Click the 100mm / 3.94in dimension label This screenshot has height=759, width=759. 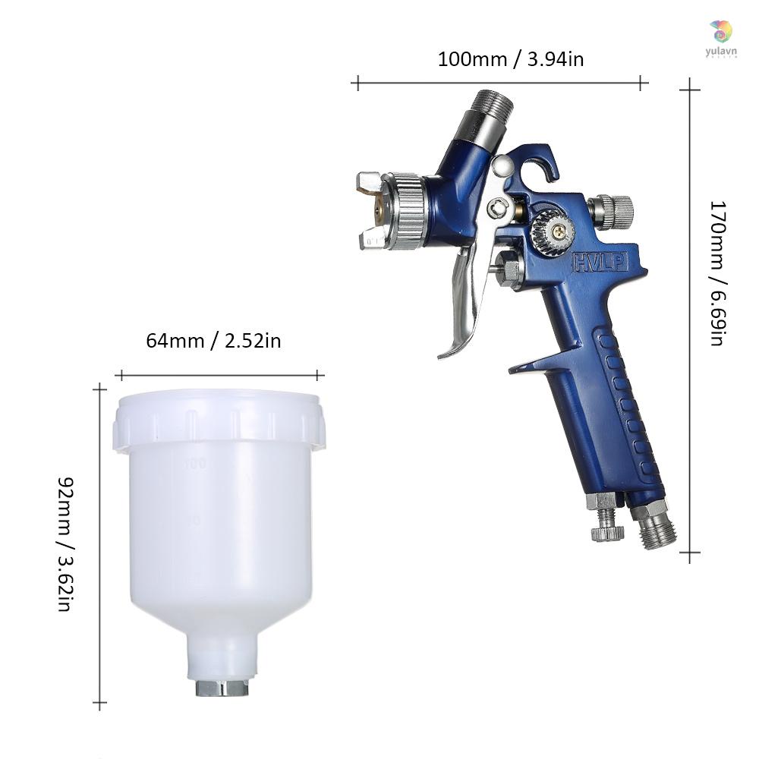tap(510, 58)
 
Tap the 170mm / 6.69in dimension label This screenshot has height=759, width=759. tap(716, 272)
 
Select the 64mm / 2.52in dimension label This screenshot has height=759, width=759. tap(213, 340)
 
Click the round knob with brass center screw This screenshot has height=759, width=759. tap(550, 227)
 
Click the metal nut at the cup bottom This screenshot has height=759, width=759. tap(221, 688)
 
